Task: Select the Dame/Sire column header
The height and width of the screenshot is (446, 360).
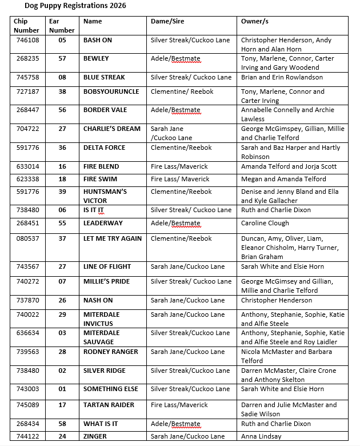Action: pos(167,21)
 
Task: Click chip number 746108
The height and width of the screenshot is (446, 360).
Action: pos(26,41)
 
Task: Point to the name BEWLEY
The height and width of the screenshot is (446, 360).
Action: pos(96,59)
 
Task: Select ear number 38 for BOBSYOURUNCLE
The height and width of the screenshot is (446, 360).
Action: pos(62,91)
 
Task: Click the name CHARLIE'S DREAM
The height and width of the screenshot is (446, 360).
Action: pos(111,129)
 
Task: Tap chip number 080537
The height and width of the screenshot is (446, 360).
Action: pos(26,239)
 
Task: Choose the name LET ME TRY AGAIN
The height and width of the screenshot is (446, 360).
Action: pos(113,239)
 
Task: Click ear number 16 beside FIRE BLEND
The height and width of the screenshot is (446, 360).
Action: pos(62,167)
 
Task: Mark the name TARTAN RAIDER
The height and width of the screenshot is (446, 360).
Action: pos(109,405)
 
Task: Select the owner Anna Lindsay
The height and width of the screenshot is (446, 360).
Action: pos(261,437)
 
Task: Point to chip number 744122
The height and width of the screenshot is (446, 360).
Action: pos(26,437)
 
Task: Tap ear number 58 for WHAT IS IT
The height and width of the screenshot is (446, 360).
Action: pos(62,424)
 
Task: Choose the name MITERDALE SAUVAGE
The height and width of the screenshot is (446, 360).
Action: pos(102,337)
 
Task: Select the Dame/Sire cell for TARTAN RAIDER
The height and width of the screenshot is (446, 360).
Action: pos(179,405)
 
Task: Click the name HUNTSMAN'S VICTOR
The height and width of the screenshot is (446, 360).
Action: pos(105,196)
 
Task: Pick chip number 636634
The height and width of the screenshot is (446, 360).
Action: pos(26,333)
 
